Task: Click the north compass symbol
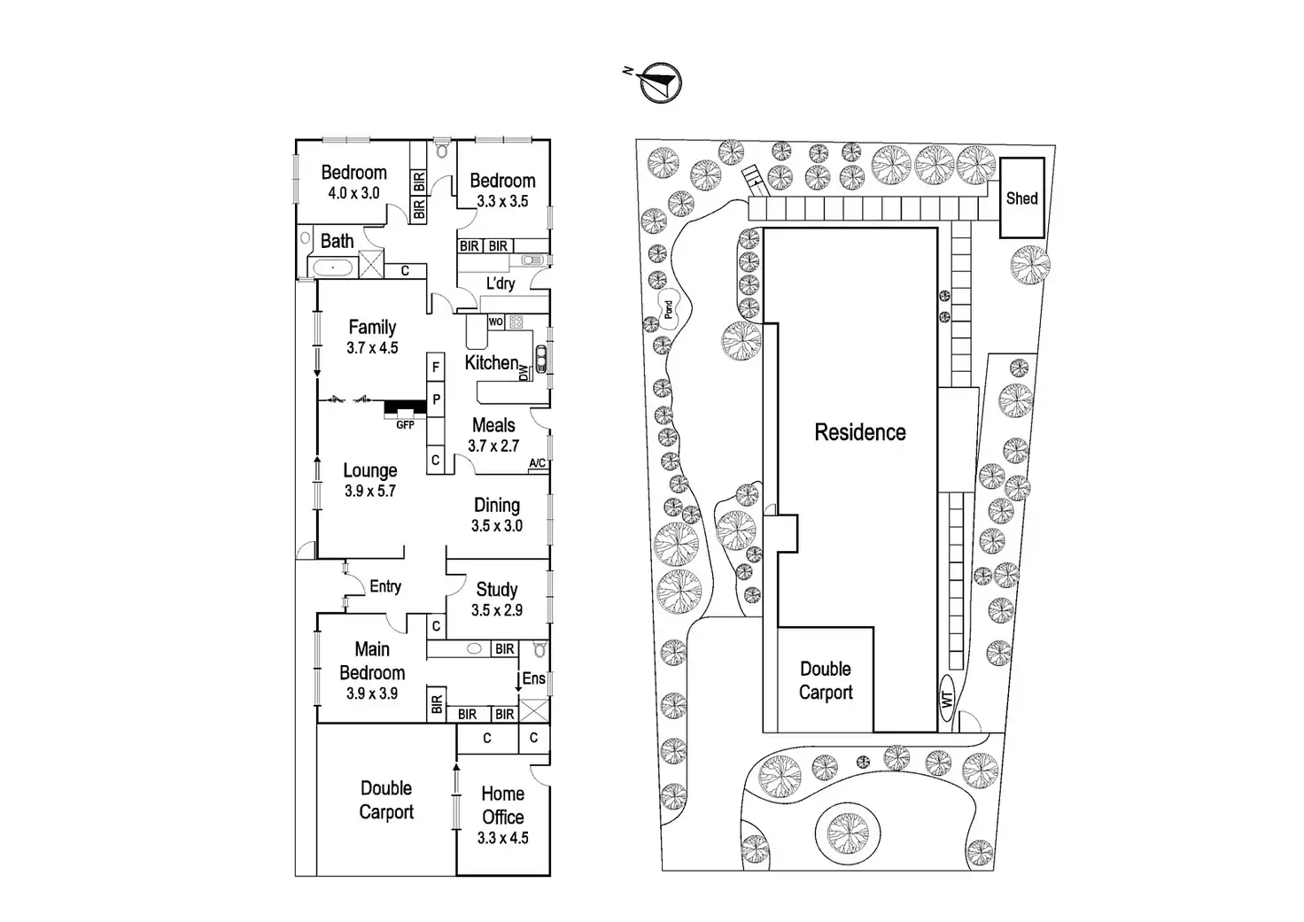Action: [661, 83]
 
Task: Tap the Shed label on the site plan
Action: [1021, 198]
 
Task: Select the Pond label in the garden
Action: [669, 309]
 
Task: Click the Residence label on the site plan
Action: [859, 432]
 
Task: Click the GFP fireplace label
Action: [405, 425]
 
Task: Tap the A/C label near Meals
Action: [537, 463]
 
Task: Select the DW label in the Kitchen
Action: [523, 373]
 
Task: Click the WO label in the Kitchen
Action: [496, 322]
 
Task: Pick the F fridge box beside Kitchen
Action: [436, 367]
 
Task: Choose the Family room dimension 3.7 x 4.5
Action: [372, 348]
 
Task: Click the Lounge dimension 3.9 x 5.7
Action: [370, 491]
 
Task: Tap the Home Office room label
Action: [502, 805]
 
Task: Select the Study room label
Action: [496, 589]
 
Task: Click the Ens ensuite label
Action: [533, 678]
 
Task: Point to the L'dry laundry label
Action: [501, 283]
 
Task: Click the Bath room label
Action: [337, 241]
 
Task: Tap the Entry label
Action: [385, 586]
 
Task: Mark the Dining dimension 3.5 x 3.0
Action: [497, 525]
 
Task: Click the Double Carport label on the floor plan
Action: [386, 800]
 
